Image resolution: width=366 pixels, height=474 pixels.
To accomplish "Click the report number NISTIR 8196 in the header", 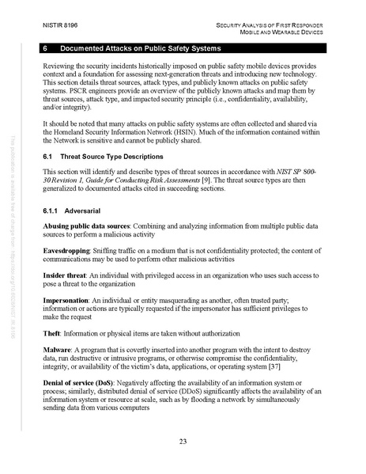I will click(x=64, y=27).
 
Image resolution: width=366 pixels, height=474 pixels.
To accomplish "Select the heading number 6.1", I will click(x=48, y=157).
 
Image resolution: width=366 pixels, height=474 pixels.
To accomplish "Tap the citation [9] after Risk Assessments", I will click(x=227, y=180).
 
